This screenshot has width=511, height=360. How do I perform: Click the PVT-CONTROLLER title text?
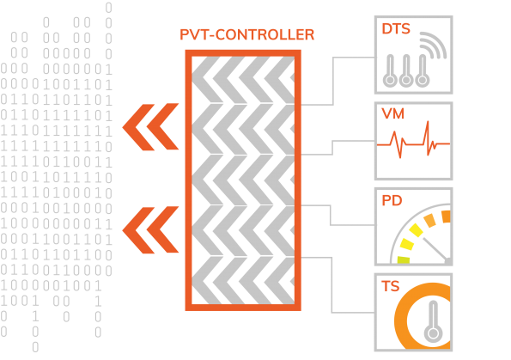247,35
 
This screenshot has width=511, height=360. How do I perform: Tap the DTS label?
396,28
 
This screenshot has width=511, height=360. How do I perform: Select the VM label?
393,113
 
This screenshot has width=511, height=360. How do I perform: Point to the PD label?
392,200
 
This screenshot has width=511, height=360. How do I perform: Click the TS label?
391,286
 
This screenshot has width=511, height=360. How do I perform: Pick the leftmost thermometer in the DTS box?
390,70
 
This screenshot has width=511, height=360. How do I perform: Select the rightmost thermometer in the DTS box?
423,70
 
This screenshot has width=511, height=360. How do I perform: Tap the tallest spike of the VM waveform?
428,131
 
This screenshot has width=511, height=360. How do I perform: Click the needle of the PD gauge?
436,250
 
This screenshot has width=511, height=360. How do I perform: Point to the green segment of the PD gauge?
404,259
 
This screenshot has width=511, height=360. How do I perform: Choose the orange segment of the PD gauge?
446,217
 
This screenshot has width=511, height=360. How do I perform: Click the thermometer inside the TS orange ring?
433,321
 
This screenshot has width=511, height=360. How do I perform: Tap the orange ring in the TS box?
401,321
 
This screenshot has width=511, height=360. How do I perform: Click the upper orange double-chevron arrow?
150,127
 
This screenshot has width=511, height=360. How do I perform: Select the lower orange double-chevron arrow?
150,230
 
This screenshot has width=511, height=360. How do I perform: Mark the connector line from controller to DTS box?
333,81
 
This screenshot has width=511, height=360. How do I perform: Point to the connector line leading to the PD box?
331,215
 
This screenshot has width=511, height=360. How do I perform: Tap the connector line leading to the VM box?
332,148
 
